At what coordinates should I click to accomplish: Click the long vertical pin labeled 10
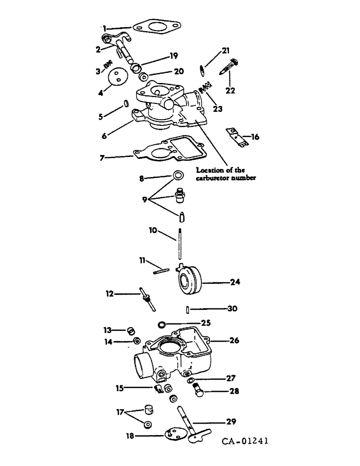[x=179, y=242]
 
